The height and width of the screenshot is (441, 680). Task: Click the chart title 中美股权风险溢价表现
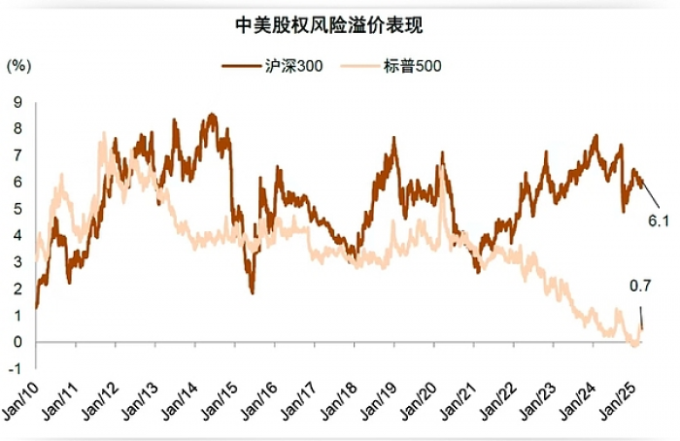[329, 25]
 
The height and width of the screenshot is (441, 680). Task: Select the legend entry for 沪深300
[272, 66]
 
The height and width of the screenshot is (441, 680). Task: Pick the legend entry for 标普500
[391, 66]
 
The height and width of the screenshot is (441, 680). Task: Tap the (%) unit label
[18, 66]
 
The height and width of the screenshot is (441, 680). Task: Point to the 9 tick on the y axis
[17, 102]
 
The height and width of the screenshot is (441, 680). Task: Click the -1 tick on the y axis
[16, 369]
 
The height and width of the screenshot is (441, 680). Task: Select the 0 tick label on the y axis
[17, 342]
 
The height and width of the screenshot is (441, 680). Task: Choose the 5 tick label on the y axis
[17, 209]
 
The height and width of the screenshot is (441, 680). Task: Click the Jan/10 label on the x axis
[20, 401]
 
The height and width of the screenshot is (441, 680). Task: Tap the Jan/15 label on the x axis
[220, 401]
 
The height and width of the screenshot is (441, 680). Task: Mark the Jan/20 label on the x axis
[419, 401]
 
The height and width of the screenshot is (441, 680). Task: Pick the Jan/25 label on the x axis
[618, 401]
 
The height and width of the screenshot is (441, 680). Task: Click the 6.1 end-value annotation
[659, 221]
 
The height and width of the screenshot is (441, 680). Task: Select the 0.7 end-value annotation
[640, 286]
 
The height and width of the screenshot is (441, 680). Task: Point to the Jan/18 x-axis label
[339, 401]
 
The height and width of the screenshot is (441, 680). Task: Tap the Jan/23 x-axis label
[538, 401]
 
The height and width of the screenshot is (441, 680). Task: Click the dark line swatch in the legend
[240, 66]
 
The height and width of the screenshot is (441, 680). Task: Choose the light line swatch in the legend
[359, 66]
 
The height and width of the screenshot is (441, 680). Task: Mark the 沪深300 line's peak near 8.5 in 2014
[212, 115]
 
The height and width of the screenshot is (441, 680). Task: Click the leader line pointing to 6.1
[651, 194]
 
